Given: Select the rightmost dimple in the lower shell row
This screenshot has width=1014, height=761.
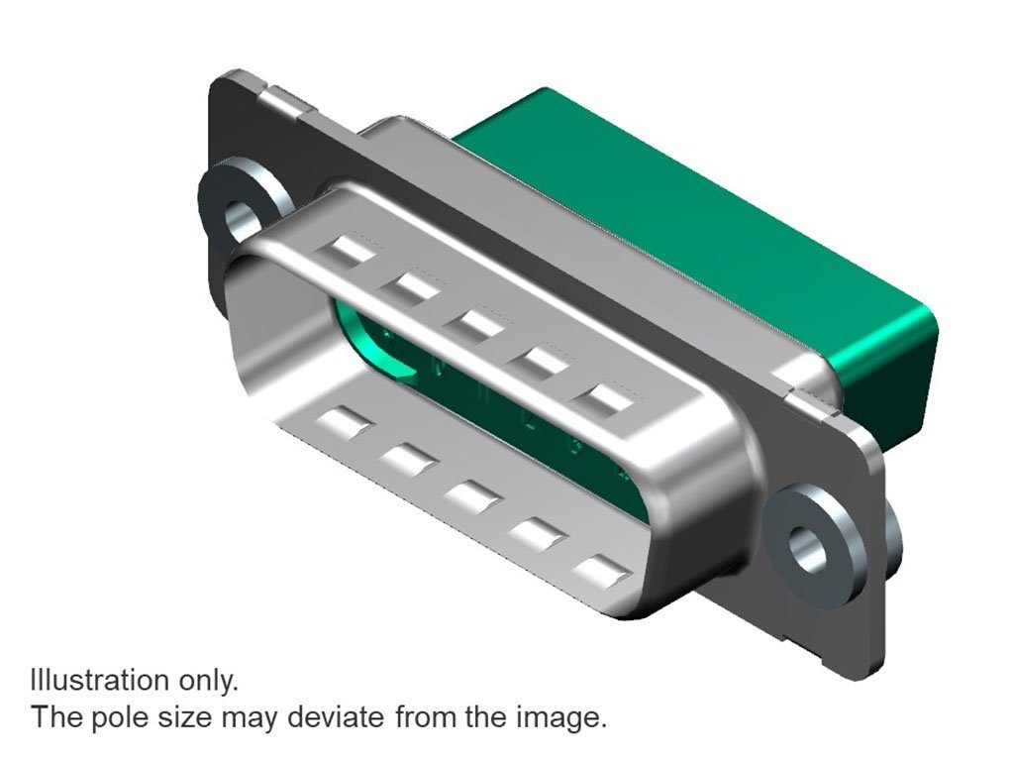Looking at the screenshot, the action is pos(601,570).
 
